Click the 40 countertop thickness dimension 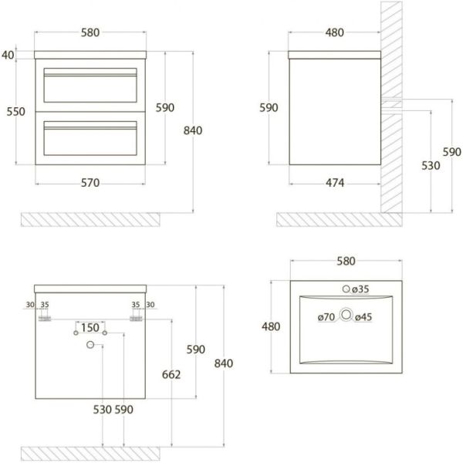click(x=8, y=55)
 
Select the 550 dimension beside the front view click(x=16, y=112)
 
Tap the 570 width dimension click(x=90, y=183)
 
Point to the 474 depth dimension click(x=335, y=183)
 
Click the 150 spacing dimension click(x=90, y=327)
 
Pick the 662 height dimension click(x=171, y=374)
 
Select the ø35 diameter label click(x=360, y=289)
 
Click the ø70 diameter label click(x=326, y=317)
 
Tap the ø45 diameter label click(x=363, y=317)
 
